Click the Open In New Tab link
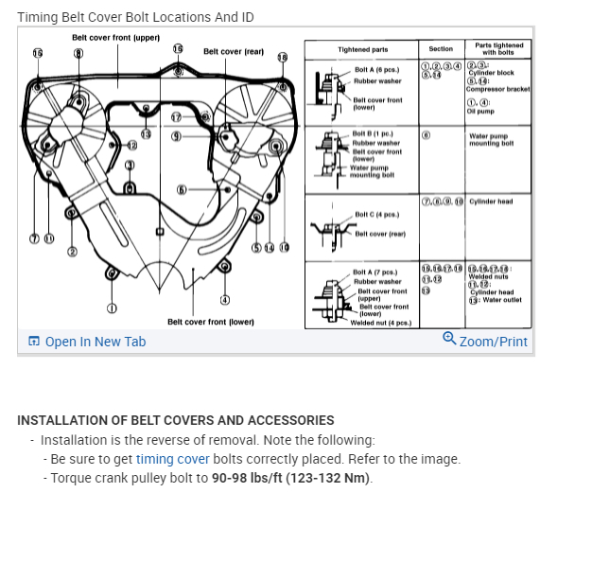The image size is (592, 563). pos(95,342)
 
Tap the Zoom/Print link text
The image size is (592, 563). pos(493,342)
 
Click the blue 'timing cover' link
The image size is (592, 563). pos(172,459)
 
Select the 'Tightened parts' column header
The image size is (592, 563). pos(362,50)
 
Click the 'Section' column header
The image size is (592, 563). pos(441,49)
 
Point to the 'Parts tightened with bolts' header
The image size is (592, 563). pos(498,49)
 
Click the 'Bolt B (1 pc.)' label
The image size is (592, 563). pos(373,134)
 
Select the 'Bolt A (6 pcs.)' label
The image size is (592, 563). pos(376,70)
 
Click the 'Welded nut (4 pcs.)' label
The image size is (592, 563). pos(380,323)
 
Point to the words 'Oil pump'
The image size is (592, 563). pos(480,112)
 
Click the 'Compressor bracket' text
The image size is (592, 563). pos(498,89)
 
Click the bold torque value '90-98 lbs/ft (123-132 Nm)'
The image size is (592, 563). pos(292,478)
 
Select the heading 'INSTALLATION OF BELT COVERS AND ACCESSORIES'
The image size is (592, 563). pos(176,420)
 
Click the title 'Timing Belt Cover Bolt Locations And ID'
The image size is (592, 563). pos(135,17)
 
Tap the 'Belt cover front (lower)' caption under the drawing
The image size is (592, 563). pos(211,322)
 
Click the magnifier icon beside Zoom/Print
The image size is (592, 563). pos(449,340)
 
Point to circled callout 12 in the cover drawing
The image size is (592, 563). pos(131,146)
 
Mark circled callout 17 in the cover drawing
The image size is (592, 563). pos(176,117)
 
